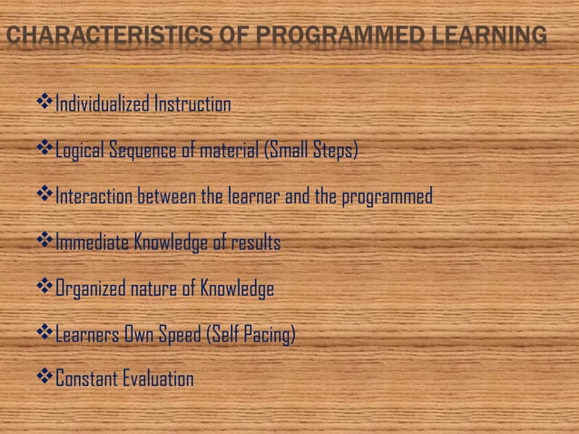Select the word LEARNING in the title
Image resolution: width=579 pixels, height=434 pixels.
[x=491, y=36]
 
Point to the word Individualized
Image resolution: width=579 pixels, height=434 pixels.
[x=102, y=104]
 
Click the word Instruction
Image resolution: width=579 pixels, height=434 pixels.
[x=191, y=104]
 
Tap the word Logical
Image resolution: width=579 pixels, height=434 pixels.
[x=81, y=151]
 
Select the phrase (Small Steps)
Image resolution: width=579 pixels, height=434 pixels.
[x=310, y=151]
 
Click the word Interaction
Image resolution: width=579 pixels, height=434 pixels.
[x=94, y=197]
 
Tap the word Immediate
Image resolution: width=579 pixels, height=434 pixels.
[x=93, y=243]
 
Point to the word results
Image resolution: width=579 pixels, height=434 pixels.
[x=256, y=243]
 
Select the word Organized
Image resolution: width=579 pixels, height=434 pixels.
[x=93, y=290]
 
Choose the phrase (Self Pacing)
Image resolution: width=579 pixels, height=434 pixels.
[x=251, y=336]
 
